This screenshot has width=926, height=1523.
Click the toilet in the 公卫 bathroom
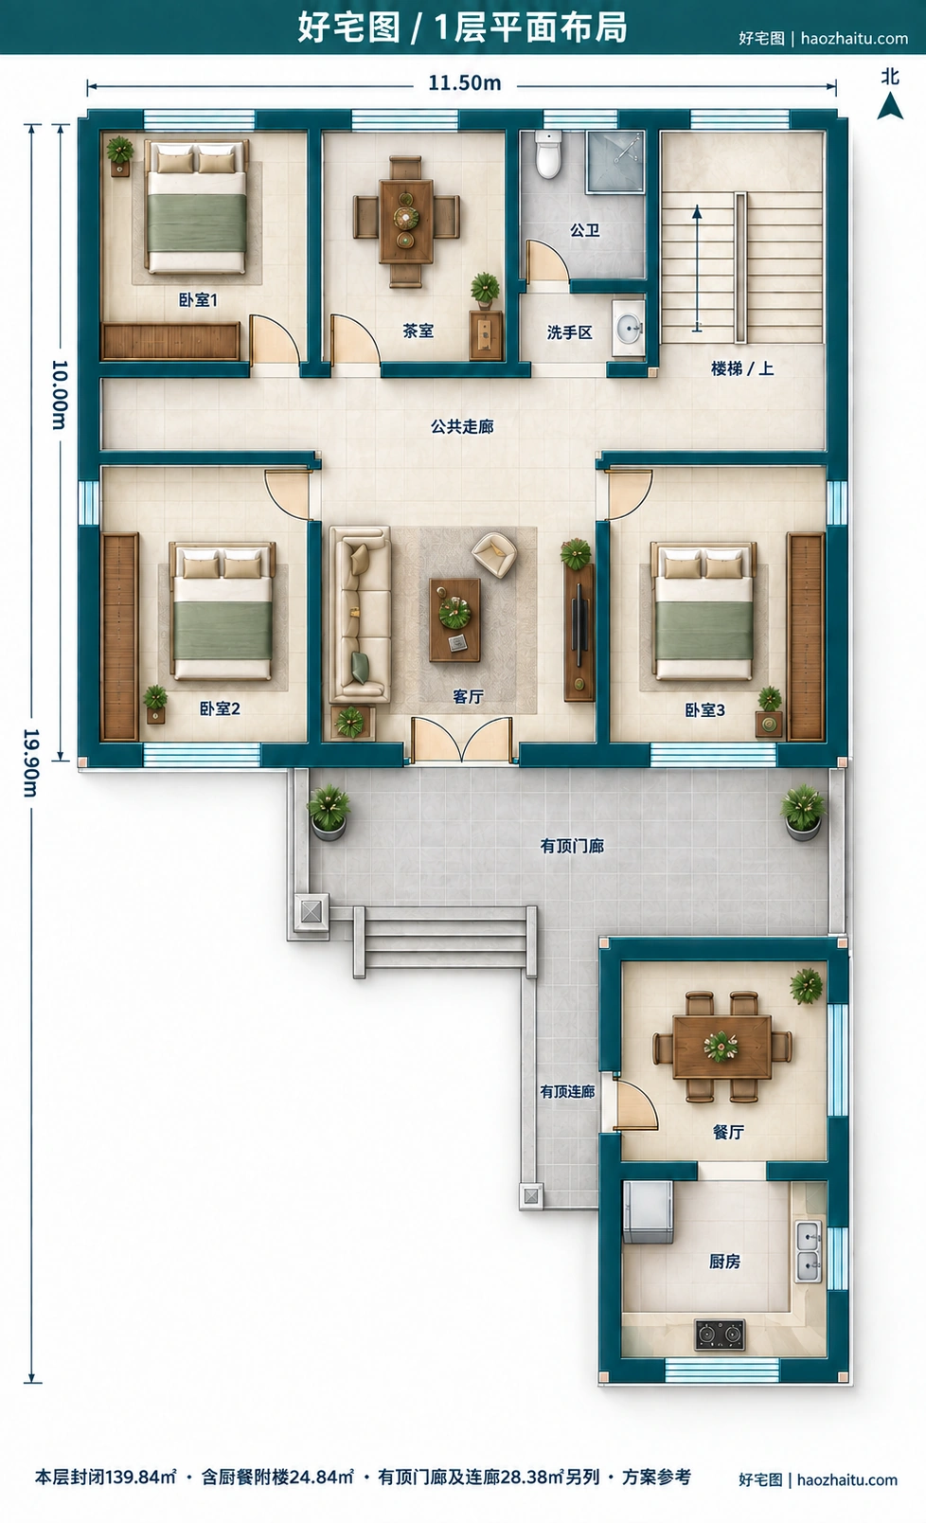(548, 154)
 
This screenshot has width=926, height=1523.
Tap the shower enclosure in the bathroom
(615, 162)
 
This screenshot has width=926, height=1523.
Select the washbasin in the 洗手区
(628, 329)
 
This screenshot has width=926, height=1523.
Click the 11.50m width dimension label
(464, 83)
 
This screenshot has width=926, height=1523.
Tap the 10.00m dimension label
(60, 395)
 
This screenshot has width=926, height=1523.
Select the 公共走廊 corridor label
(462, 426)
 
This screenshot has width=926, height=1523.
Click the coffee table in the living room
(454, 619)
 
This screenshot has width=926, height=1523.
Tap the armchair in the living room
(494, 554)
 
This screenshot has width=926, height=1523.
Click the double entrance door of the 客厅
(462, 740)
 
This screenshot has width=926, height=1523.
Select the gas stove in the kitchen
(720, 1335)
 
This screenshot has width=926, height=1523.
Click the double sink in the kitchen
(809, 1251)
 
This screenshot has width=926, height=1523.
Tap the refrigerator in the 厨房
(648, 1212)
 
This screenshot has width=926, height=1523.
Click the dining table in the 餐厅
(722, 1048)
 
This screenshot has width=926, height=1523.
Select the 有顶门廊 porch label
(573, 846)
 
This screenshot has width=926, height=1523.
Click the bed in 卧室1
(197, 206)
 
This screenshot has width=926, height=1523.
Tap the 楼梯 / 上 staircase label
(742, 368)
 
